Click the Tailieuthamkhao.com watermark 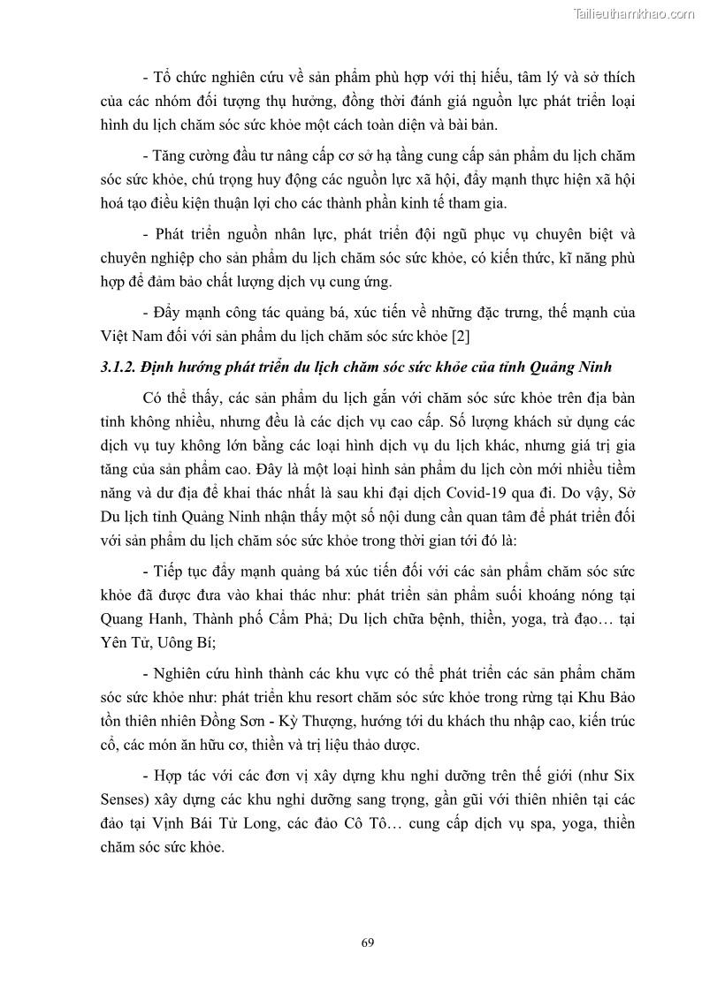634,13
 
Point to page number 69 368,942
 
